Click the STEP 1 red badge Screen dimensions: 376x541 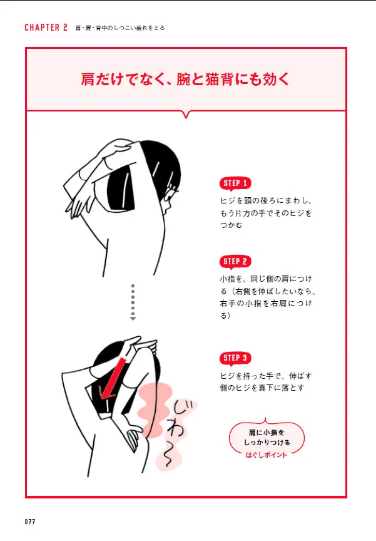235,183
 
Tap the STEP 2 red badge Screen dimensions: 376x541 235,262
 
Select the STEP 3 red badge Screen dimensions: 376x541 235,358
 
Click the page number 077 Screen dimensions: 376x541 30,522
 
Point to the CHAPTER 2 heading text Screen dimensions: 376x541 46,28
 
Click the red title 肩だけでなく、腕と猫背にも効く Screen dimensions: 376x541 185,79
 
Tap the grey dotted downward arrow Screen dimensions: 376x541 133,302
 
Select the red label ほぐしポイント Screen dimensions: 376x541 266,455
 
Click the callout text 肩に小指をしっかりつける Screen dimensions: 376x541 267,437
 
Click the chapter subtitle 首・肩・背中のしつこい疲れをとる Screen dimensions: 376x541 120,28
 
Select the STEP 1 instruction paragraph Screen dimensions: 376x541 266,213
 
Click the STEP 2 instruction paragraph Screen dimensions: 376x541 267,297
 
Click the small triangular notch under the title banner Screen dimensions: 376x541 186,115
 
